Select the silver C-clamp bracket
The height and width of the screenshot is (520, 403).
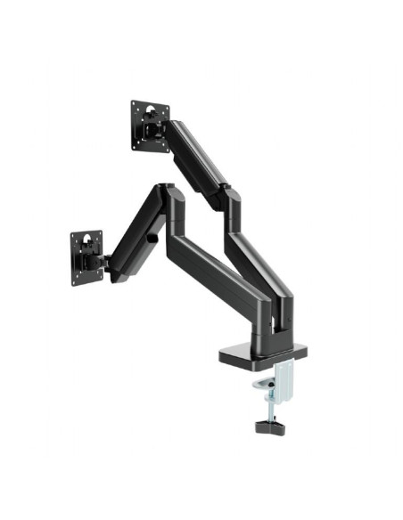[283, 378]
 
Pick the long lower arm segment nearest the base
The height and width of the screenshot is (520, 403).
[223, 276]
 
